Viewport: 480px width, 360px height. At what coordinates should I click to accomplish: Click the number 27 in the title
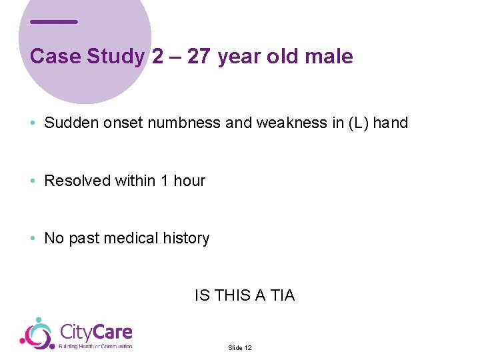coord(199,56)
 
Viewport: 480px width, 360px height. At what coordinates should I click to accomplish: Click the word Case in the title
coord(56,56)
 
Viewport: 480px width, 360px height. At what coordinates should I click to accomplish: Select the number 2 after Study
coord(157,56)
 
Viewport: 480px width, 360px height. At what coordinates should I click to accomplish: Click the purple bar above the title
coord(54,22)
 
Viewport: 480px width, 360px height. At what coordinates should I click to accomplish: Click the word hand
coord(391,123)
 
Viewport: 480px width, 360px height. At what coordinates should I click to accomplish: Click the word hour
coord(189,181)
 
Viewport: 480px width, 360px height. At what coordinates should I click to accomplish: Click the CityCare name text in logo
coord(96,332)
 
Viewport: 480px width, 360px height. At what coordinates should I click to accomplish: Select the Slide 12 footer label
coord(239,348)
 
